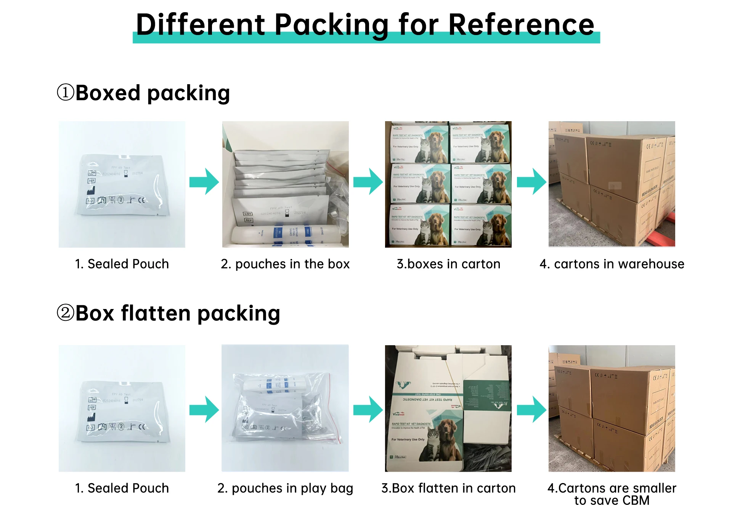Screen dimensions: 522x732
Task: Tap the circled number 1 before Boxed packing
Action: tap(66, 93)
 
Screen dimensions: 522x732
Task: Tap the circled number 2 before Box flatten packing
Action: tap(66, 313)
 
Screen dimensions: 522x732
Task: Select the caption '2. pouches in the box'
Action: tap(285, 264)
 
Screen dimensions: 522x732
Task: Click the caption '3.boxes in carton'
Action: tap(448, 264)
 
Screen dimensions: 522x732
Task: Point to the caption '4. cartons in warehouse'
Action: tap(612, 264)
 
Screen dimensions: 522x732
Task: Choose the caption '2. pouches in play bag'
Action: tap(285, 488)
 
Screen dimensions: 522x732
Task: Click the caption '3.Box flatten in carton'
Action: tap(448, 488)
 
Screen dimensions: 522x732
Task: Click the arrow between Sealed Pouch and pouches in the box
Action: tap(204, 181)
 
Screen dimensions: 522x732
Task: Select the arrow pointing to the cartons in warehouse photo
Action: tap(531, 181)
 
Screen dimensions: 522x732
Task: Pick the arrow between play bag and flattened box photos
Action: tap(368, 409)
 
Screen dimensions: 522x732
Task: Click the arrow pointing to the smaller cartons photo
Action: tap(531, 409)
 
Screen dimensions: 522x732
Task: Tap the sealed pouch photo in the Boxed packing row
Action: tap(122, 184)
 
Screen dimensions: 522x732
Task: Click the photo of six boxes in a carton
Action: tap(448, 184)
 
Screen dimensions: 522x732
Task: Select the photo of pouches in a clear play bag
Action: tap(285, 408)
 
